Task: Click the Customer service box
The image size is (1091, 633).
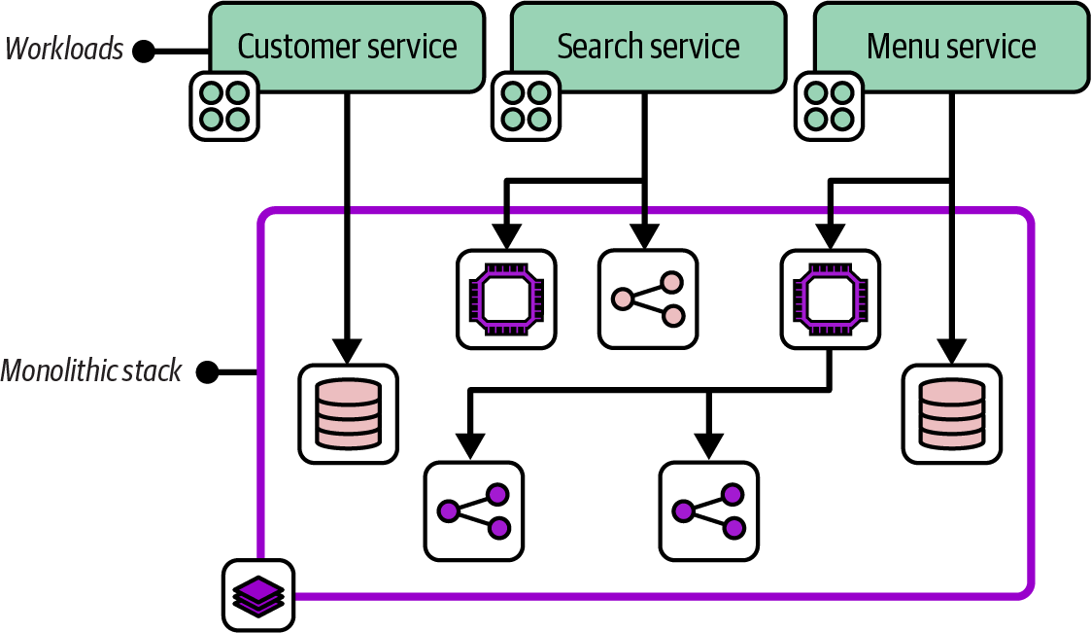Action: (347, 47)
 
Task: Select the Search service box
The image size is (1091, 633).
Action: (648, 47)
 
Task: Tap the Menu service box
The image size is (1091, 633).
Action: (951, 47)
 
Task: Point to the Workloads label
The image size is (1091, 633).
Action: (65, 49)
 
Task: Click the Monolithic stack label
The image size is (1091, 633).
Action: (91, 370)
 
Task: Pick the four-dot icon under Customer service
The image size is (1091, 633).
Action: (223, 105)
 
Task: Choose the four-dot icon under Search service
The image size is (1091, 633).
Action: (527, 105)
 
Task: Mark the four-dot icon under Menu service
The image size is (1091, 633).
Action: (830, 105)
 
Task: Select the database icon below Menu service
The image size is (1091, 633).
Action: (952, 413)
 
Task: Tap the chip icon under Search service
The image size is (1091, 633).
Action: (507, 299)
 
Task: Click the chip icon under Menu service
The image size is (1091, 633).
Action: (831, 299)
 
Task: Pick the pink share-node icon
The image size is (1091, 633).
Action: (648, 299)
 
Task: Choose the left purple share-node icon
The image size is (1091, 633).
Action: (474, 510)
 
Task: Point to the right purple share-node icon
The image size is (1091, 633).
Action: (709, 510)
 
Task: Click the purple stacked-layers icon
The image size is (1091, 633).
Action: (258, 594)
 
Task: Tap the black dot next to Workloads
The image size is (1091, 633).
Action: (144, 51)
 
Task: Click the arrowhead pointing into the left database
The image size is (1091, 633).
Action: (347, 351)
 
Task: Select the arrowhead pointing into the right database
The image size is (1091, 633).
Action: (952, 351)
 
